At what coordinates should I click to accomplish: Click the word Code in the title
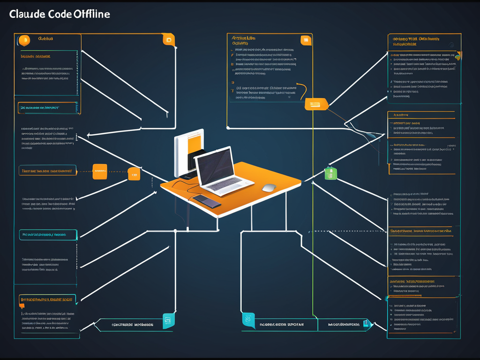click(x=60, y=14)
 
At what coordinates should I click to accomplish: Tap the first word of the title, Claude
click(x=27, y=14)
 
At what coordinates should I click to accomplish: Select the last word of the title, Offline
click(x=91, y=14)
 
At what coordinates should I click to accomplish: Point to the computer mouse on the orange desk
click(x=269, y=187)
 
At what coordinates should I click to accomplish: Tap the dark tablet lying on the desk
click(x=207, y=201)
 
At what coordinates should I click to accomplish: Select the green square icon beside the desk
click(x=331, y=173)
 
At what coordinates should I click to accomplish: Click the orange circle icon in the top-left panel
click(x=24, y=40)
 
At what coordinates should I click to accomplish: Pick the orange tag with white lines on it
click(x=315, y=104)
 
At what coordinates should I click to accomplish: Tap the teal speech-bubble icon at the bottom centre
click(x=248, y=320)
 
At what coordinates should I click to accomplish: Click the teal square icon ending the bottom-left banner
click(x=168, y=321)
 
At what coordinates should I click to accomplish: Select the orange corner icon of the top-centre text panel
click(x=305, y=40)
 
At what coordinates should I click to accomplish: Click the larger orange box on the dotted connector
click(x=100, y=171)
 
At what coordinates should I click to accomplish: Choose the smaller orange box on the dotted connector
click(x=134, y=174)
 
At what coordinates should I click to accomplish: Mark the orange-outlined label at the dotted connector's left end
click(x=47, y=171)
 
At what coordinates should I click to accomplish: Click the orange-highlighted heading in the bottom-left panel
click(x=46, y=299)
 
